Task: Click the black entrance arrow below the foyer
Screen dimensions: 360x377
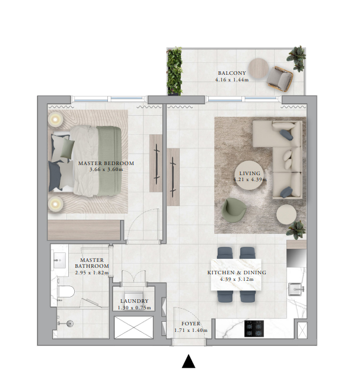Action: (189, 362)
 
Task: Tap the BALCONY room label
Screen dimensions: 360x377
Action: (232, 73)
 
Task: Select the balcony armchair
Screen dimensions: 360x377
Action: (280, 79)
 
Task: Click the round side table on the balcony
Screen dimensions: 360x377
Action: (259, 68)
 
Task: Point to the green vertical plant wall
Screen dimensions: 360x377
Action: (174, 71)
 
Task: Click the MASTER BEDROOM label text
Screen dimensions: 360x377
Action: (106, 163)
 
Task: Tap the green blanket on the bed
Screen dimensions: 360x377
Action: (109, 161)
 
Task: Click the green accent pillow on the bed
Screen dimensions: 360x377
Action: (68, 148)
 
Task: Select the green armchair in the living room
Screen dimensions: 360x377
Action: (234, 210)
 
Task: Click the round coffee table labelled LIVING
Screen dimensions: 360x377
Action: (249, 176)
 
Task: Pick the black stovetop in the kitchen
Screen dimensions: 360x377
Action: (254, 328)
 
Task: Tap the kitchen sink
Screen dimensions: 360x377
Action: (297, 289)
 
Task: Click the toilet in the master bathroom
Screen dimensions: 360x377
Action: (65, 291)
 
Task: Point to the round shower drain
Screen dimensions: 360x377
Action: (69, 324)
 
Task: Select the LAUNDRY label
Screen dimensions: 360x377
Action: (134, 301)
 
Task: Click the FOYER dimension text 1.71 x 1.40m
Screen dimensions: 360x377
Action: (191, 330)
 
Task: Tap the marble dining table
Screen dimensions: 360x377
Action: (236, 274)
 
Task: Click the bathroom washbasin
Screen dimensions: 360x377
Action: (59, 260)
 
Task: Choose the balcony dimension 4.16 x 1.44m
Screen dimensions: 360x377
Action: (232, 80)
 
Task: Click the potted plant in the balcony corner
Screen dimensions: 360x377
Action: (297, 58)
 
